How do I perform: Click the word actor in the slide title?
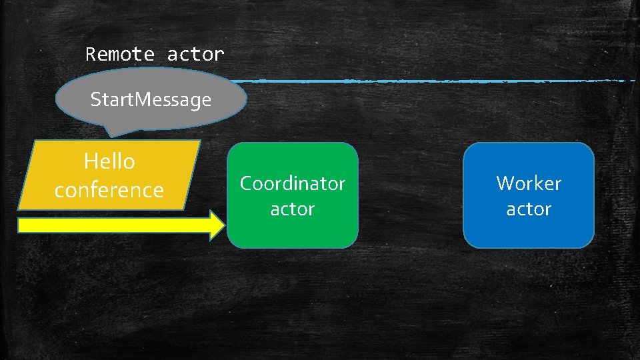pyautogui.click(x=195, y=54)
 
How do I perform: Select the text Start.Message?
pyautogui.click(x=151, y=100)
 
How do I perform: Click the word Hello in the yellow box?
pyautogui.click(x=109, y=161)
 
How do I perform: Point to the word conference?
pyautogui.click(x=109, y=190)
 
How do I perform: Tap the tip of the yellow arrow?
pyautogui.click(x=224, y=225)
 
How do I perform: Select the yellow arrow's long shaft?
pyautogui.click(x=113, y=225)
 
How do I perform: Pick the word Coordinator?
pyautogui.click(x=292, y=183)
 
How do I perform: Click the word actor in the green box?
pyautogui.click(x=292, y=209)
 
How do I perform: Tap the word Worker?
pyautogui.click(x=528, y=183)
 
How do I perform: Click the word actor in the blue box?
pyautogui.click(x=528, y=209)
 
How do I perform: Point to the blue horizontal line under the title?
pyautogui.click(x=433, y=81)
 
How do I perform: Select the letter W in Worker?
pyautogui.click(x=505, y=183)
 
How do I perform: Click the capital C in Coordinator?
pyautogui.click(x=245, y=183)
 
